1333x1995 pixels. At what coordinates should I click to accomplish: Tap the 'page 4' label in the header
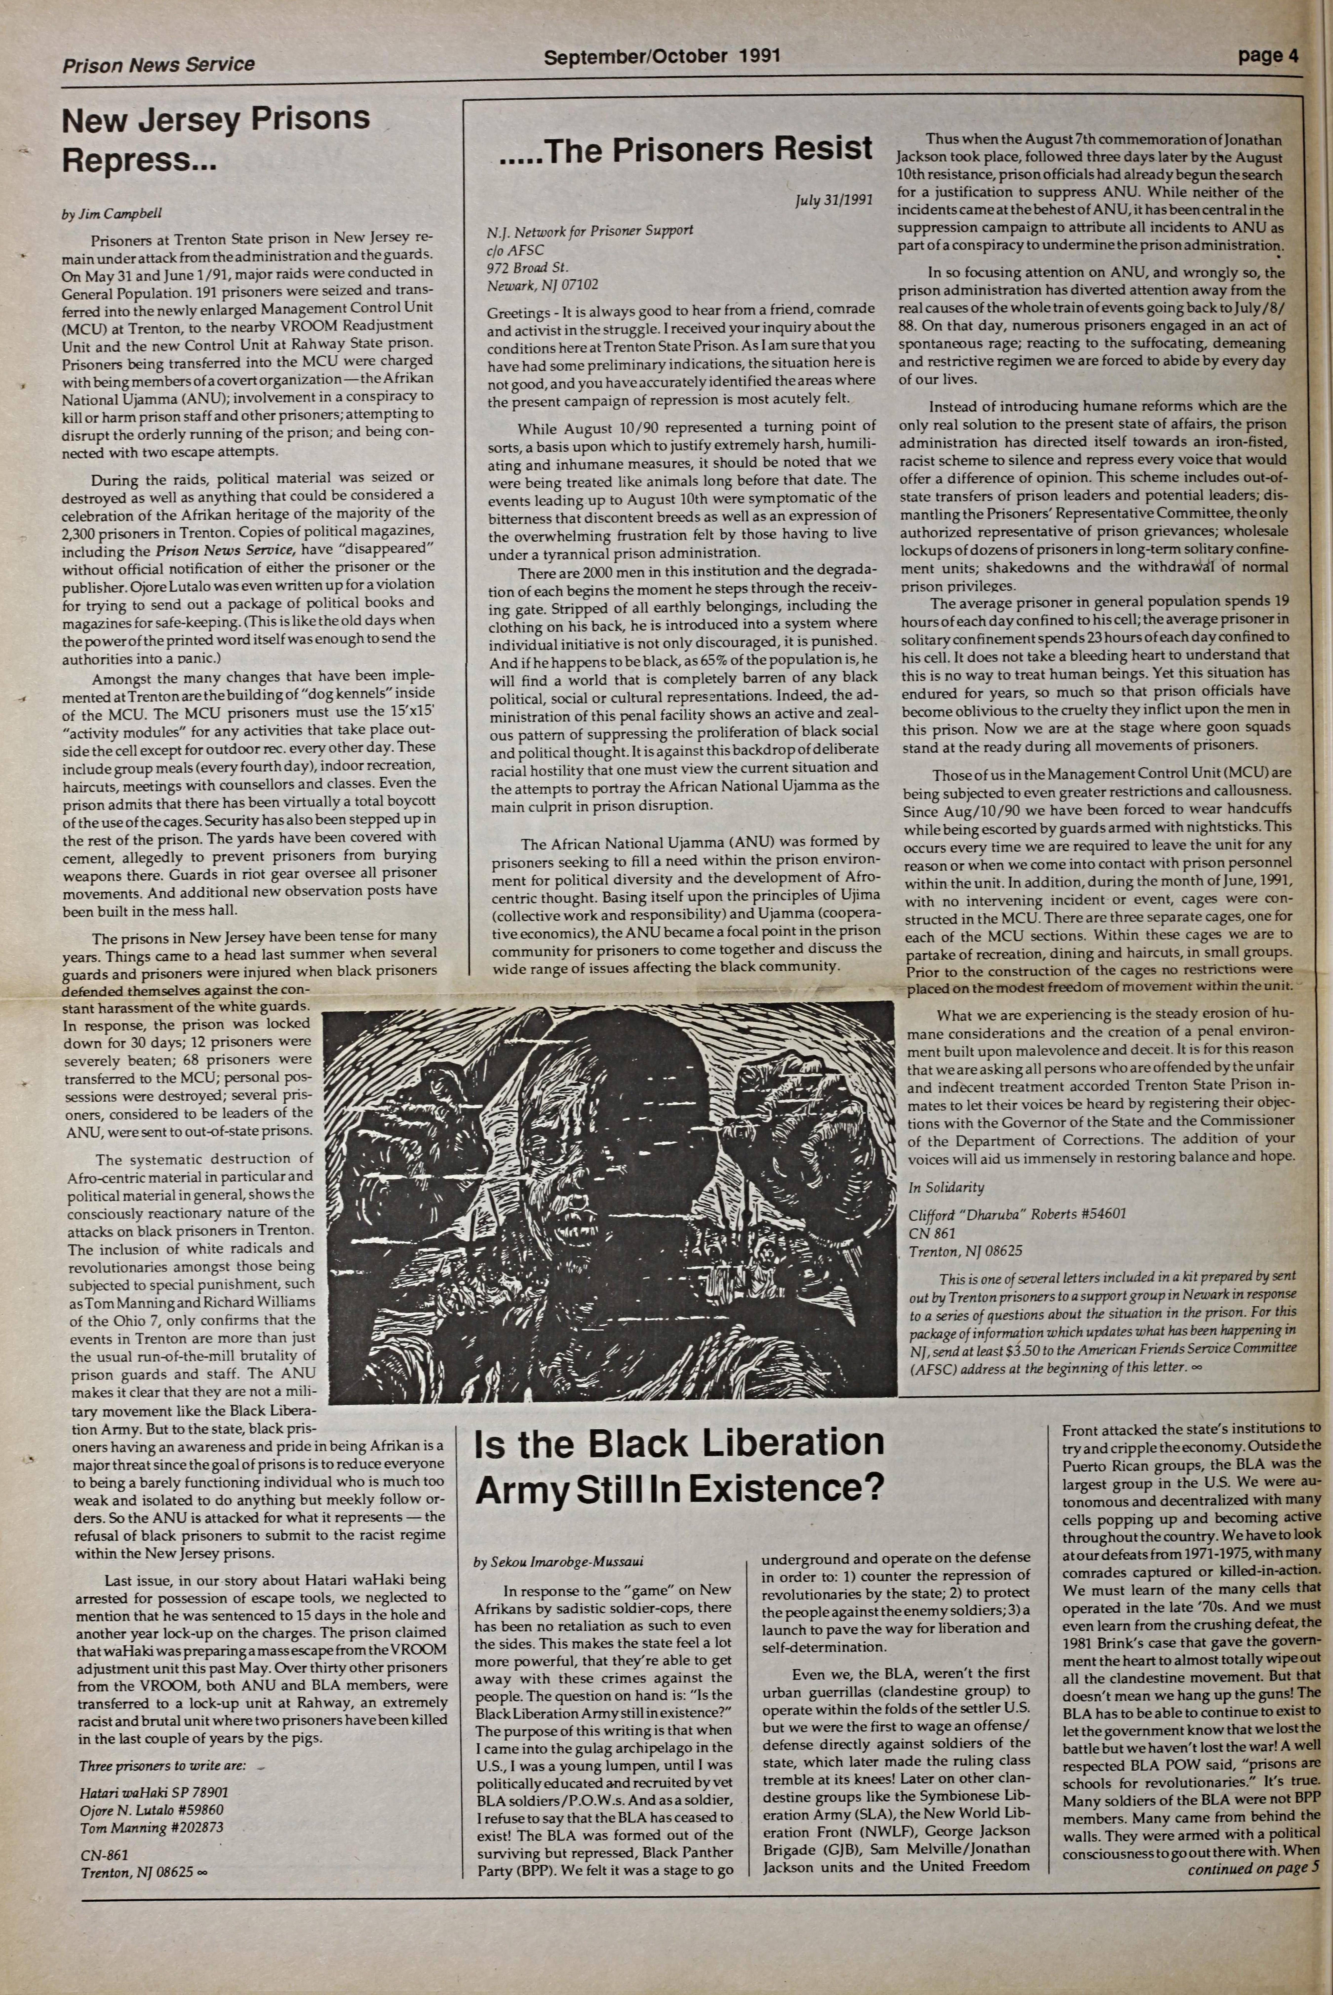(1268, 56)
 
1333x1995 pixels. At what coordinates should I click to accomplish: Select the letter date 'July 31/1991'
(834, 201)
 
